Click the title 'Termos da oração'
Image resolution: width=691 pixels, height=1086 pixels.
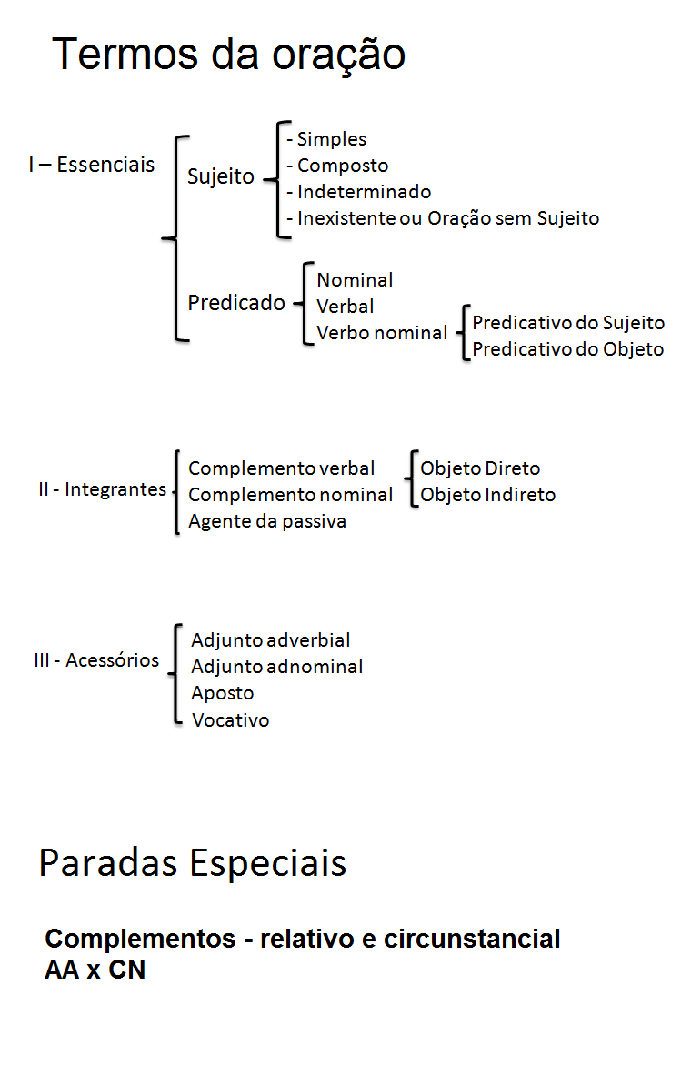228,55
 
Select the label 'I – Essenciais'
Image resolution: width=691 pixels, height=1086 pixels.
91,165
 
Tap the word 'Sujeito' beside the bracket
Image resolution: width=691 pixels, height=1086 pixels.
221,176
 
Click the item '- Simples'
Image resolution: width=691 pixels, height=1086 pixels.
326,139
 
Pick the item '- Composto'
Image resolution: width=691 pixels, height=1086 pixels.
336,166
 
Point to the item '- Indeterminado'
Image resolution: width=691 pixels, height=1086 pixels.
358,192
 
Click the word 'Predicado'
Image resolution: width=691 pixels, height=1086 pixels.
236,303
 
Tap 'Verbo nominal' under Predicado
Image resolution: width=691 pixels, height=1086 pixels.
382,333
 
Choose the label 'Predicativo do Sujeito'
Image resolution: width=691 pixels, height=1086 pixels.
568,323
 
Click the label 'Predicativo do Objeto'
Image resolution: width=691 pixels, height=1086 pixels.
567,349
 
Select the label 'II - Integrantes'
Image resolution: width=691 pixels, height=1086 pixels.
102,489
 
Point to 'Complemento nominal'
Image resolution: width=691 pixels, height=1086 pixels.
290,495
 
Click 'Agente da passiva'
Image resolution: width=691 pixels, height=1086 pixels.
266,521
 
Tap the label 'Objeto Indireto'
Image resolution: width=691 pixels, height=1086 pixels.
487,495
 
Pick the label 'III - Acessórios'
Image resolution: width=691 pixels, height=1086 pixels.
96,660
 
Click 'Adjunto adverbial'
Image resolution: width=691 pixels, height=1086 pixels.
270,640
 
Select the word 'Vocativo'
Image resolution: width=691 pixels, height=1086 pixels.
230,720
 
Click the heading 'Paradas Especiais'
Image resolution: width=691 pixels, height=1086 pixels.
193,862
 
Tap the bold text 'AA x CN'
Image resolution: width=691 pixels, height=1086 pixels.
95,970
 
